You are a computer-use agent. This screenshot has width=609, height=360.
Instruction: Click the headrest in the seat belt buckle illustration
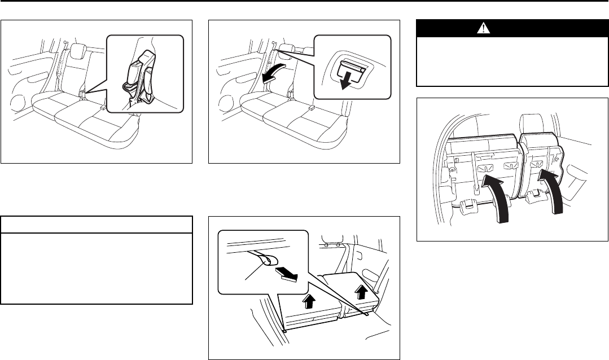76,50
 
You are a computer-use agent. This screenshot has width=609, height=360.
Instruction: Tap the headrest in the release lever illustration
285,50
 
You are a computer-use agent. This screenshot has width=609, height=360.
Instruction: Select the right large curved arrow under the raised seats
553,192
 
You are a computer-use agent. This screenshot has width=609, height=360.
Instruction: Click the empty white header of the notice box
97,225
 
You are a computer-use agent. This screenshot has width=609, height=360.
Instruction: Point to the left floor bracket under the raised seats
467,207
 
